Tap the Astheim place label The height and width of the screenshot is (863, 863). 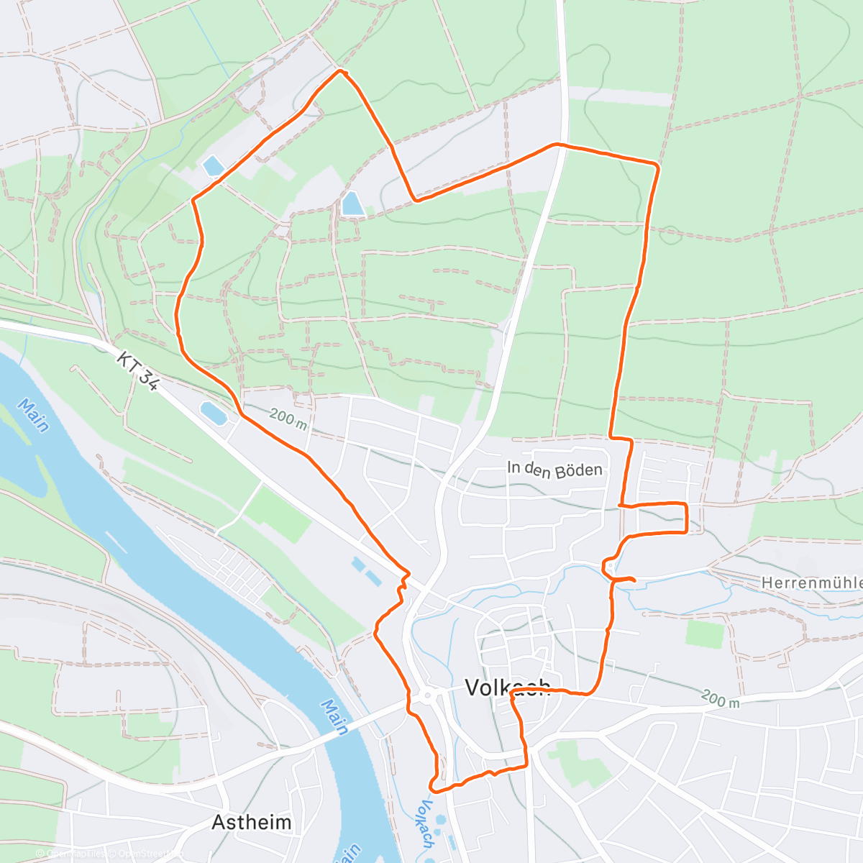(x=252, y=822)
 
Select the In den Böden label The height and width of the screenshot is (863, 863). (x=554, y=470)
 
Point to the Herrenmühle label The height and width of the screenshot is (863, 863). (x=811, y=583)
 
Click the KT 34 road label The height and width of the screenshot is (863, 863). (x=137, y=371)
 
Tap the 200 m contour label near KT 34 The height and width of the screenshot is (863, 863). (x=288, y=419)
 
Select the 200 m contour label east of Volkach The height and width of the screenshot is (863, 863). (x=720, y=698)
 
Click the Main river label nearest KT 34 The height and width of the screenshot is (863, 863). (x=33, y=416)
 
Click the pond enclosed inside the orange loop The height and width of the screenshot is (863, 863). (x=352, y=204)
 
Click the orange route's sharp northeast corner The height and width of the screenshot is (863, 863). (x=657, y=165)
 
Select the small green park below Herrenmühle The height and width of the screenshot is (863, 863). (x=705, y=634)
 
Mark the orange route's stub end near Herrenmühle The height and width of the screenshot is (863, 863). (x=634, y=580)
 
